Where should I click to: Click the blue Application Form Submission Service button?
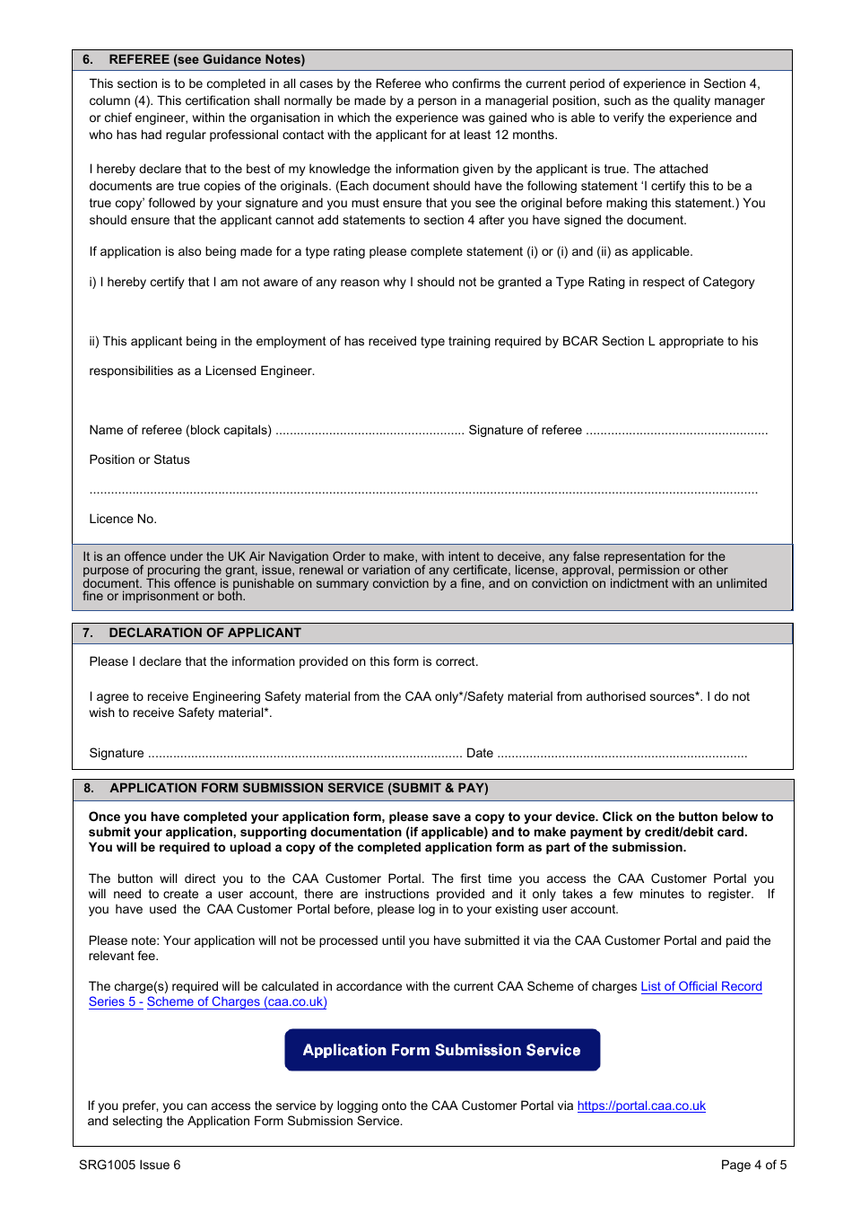pos(442,1050)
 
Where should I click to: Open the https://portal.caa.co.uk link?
pos(641,1105)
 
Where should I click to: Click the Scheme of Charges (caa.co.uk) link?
pos(237,1001)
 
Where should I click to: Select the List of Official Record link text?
pos(701,986)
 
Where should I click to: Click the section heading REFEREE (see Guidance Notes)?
pos(206,59)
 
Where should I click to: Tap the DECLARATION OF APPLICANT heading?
pos(204,633)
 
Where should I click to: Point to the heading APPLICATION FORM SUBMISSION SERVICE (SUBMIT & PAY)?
pos(299,788)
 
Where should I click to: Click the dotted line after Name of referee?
pos(369,432)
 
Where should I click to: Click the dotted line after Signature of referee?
pos(677,432)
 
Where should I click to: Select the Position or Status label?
pos(139,459)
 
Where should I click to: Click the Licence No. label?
pos(123,519)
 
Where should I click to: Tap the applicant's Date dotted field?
pos(622,755)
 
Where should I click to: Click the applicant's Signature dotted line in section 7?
pos(304,755)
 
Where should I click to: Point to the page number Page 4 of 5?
pos(753,1165)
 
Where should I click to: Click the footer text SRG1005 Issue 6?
pos(129,1165)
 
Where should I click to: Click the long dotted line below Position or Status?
pos(423,492)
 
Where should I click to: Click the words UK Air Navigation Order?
pos(277,556)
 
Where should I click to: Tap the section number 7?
pos(87,633)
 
